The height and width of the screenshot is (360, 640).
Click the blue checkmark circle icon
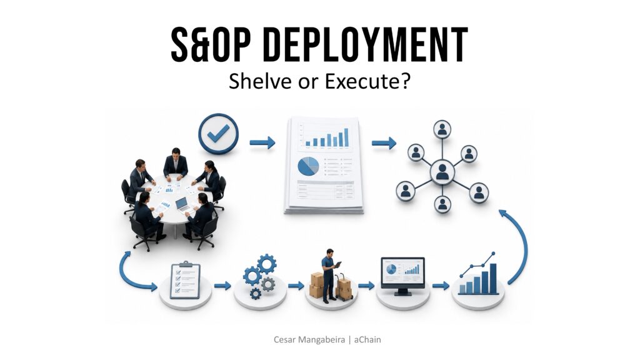click(218, 134)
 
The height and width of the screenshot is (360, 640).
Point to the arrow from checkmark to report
click(262, 142)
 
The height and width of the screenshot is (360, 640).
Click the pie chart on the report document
click(308, 166)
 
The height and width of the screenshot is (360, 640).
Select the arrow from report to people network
click(384, 143)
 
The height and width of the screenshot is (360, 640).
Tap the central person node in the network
click(442, 171)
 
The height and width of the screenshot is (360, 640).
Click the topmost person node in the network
click(442, 129)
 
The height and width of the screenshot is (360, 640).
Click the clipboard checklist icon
click(185, 281)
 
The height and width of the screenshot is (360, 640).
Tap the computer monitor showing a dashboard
click(403, 276)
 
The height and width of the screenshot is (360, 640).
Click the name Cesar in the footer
click(284, 339)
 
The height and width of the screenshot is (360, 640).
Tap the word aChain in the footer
click(367, 339)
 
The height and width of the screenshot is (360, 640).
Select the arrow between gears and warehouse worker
click(296, 286)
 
